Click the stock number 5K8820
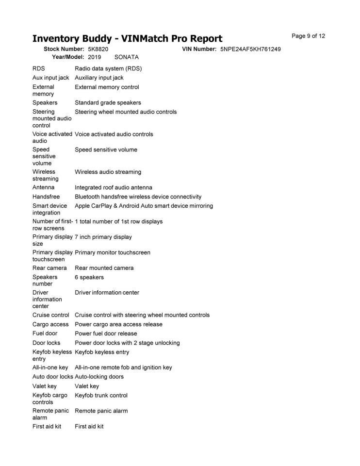(98, 49)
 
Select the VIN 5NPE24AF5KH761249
(250, 49)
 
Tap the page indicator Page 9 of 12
(308, 36)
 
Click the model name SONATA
(127, 57)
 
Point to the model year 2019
(95, 57)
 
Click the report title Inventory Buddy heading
(127, 38)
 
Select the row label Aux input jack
(51, 78)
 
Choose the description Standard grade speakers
(108, 102)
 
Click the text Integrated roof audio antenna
(113, 187)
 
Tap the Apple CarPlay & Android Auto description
(144, 206)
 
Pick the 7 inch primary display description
(103, 237)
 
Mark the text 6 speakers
(89, 277)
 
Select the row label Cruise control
(51, 315)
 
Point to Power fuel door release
(106, 333)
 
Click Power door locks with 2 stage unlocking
(127, 343)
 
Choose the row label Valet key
(45, 386)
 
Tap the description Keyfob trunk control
(101, 395)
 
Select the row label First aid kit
(47, 426)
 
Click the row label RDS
(39, 68)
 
